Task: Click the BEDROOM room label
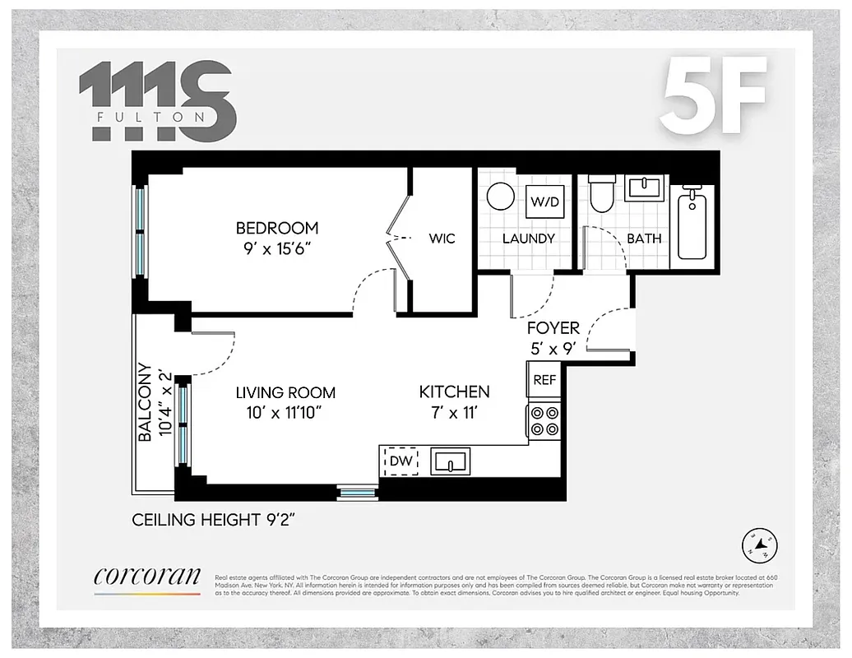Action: click(x=276, y=228)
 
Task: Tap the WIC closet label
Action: click(x=442, y=239)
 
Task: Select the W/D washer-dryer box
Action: click(x=544, y=201)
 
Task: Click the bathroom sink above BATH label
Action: click(x=646, y=188)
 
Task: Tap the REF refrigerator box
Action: click(x=544, y=379)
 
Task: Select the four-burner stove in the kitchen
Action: click(x=544, y=421)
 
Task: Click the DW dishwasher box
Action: click(x=400, y=461)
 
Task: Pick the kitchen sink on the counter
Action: click(x=449, y=461)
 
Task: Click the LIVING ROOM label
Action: click(x=285, y=392)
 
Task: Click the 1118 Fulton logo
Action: click(x=157, y=100)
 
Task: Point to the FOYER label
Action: click(x=553, y=327)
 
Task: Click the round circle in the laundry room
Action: click(x=499, y=197)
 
